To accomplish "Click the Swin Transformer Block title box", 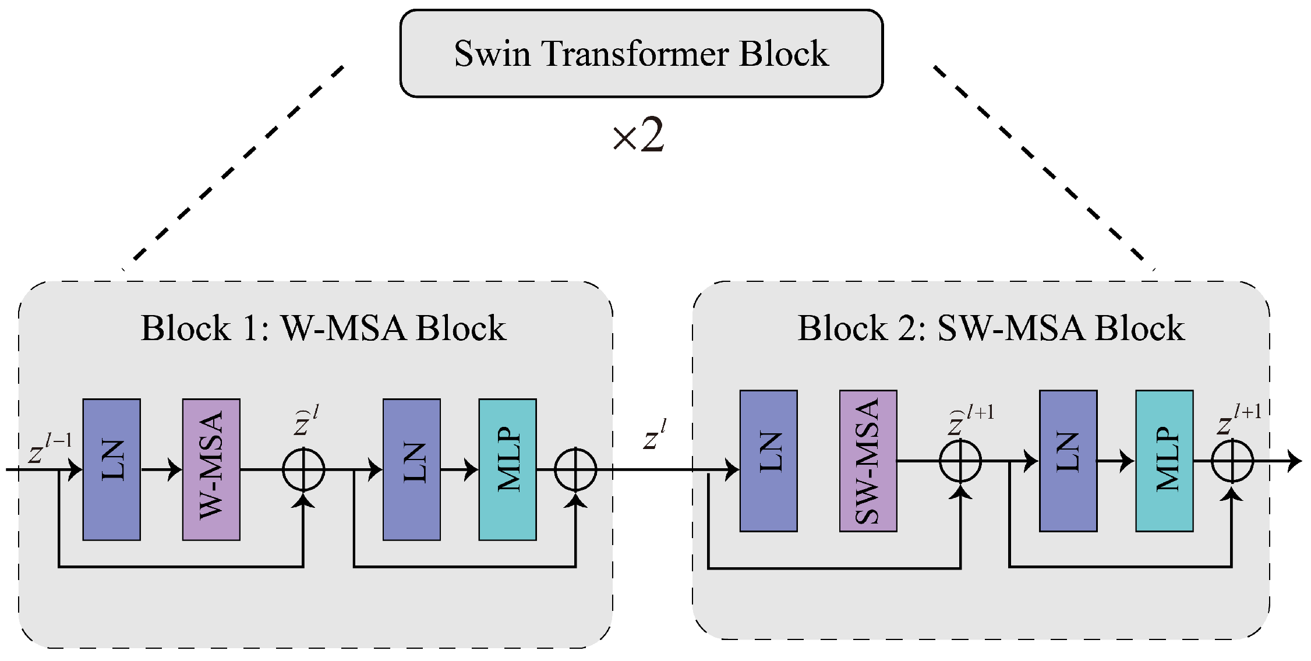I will [641, 53].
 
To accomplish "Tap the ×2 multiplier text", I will [638, 136].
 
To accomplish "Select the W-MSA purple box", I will [211, 469].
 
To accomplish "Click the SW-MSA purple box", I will [868, 461].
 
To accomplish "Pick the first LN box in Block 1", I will [112, 469].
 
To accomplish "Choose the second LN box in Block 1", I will [412, 469].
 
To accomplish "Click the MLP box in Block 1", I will [507, 469].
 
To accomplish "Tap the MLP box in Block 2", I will [1164, 461].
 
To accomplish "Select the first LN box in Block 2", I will [768, 461].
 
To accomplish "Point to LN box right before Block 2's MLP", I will [1068, 461].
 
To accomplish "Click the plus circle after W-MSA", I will [303, 469].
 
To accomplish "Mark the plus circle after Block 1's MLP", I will [575, 469].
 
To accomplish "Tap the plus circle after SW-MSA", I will [960, 461].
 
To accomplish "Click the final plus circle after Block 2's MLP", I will [1232, 461].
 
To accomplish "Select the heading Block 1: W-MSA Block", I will [323, 328].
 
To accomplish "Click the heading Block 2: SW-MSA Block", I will [990, 328].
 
